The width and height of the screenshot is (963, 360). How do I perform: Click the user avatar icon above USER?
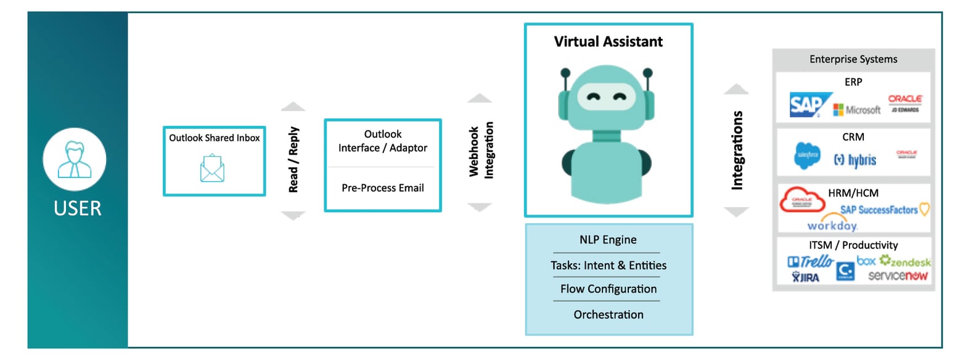pos(74,160)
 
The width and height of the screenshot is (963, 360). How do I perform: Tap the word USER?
pos(77,208)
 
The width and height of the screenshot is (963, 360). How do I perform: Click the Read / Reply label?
pos(293,160)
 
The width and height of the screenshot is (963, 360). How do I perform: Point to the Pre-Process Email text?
pos(382,187)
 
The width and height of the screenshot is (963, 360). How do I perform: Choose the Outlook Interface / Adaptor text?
pos(382,141)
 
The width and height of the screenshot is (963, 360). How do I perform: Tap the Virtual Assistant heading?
pos(608,42)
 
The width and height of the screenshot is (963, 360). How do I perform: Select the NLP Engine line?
pos(608,240)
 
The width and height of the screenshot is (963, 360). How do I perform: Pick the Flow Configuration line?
pos(608,289)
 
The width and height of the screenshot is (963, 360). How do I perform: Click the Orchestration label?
pos(608,314)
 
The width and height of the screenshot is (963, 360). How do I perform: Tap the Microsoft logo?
pos(857,110)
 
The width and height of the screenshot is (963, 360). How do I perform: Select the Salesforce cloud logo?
pos(807,155)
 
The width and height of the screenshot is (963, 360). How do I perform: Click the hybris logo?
pos(854,160)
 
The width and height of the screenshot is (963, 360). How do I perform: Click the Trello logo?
pos(811,261)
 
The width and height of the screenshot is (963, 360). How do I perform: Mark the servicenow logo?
pos(897,276)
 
